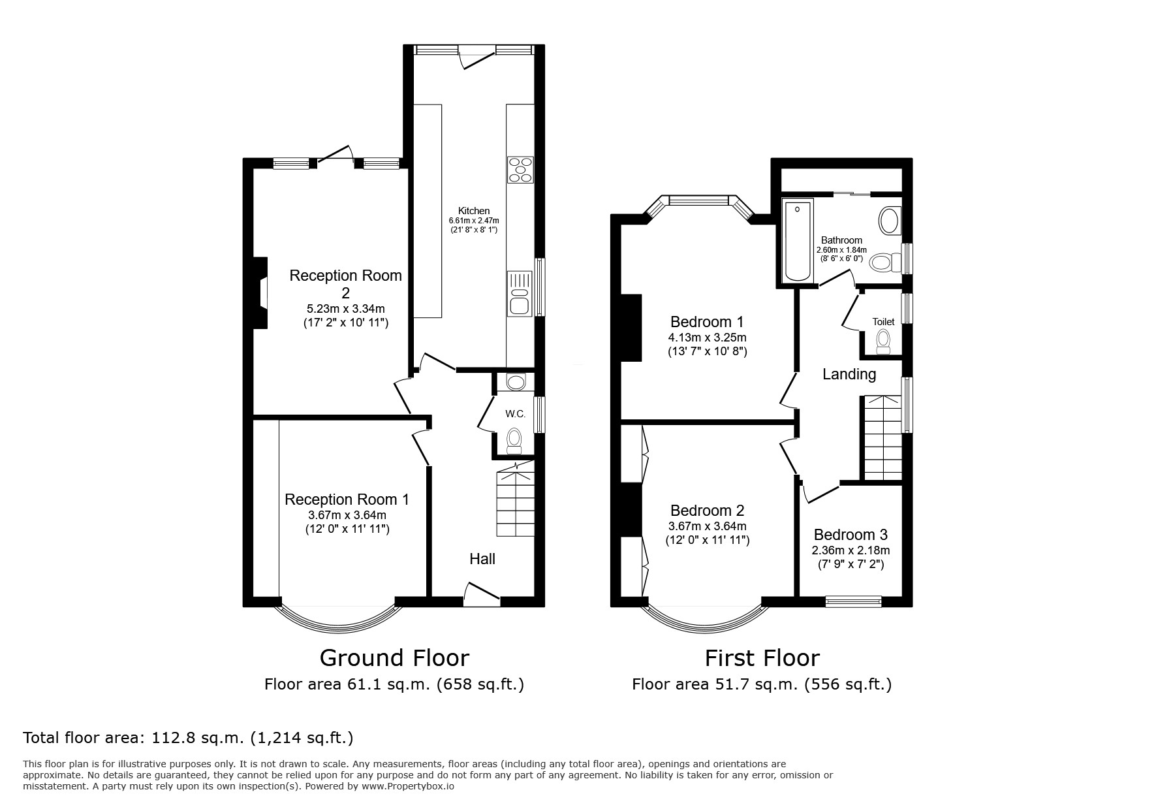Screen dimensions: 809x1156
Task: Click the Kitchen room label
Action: click(473, 211)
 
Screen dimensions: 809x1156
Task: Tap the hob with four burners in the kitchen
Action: click(520, 170)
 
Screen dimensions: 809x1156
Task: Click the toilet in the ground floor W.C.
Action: click(514, 439)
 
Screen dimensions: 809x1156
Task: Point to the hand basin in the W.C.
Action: click(515, 382)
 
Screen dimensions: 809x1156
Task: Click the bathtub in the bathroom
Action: click(798, 242)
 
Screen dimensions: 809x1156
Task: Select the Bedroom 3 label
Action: click(851, 535)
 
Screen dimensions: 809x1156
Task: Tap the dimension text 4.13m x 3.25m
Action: click(707, 338)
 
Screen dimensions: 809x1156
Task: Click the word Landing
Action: click(849, 374)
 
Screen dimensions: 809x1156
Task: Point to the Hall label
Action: click(482, 559)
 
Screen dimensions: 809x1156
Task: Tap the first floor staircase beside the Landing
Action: click(883, 437)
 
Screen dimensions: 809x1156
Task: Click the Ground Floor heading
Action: click(394, 658)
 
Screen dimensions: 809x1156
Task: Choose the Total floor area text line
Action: click(188, 738)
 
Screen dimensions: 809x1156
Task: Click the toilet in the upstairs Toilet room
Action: click(883, 341)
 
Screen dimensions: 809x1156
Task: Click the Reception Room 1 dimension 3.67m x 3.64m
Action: click(347, 515)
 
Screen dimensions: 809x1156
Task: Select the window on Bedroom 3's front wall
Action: click(853, 601)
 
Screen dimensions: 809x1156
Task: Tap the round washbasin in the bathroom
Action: click(889, 221)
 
